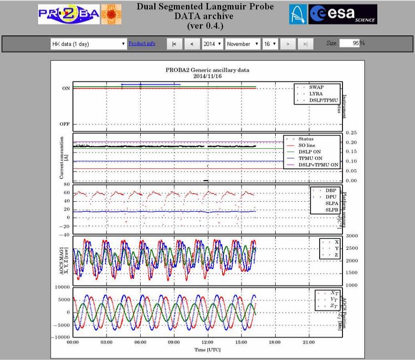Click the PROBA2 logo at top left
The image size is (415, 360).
[69, 15]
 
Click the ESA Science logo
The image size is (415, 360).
[342, 15]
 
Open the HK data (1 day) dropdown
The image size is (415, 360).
[88, 44]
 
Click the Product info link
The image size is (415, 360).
[142, 44]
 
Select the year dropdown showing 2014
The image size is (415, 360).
[212, 44]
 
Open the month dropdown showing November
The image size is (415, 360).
[243, 44]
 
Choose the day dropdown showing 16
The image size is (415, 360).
[270, 44]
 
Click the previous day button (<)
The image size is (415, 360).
[192, 44]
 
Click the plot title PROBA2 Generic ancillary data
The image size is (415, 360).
[207, 70]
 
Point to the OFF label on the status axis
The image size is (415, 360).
[64, 124]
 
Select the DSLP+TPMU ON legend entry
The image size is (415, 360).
[318, 165]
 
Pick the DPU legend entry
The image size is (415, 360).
[331, 196]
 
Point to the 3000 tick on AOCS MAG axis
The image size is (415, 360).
[352, 236]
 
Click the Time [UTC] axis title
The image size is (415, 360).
[207, 350]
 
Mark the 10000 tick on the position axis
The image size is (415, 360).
[62, 287]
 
